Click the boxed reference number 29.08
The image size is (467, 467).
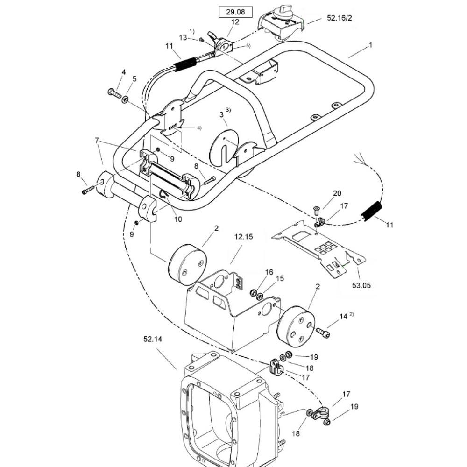[x=235, y=12]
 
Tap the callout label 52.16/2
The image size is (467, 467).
[x=339, y=18]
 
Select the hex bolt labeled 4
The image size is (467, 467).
[x=114, y=93]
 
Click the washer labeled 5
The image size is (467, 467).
[x=125, y=99]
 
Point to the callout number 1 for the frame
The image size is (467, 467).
[x=370, y=45]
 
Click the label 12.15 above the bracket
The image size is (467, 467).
[x=243, y=237]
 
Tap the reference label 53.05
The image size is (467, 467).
[x=361, y=285]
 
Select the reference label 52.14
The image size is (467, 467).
[x=153, y=339]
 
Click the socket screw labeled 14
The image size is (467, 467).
[x=323, y=333]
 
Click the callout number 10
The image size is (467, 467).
[x=178, y=219]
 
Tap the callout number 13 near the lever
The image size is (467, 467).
[x=183, y=37]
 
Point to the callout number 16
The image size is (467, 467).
[x=269, y=272]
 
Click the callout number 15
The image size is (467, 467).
[x=280, y=278]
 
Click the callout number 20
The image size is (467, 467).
[x=337, y=193]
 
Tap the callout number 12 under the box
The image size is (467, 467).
[x=235, y=22]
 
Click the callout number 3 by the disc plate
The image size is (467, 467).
[x=221, y=115]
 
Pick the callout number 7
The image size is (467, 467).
[x=97, y=140]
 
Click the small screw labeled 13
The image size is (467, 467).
[x=201, y=40]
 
